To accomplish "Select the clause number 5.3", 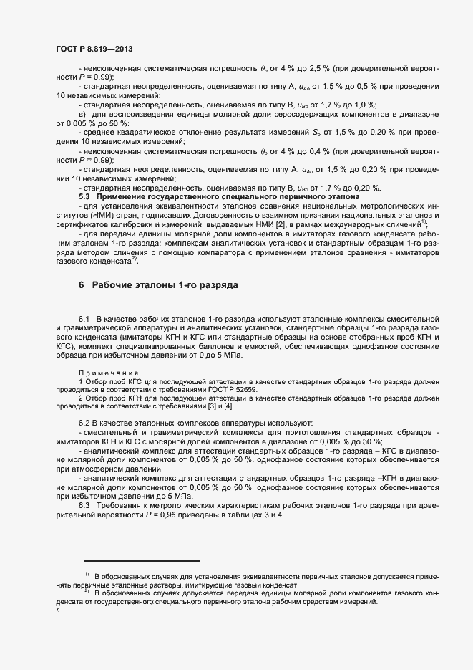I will pyautogui.click(x=84, y=196).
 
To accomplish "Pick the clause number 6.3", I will pyautogui.click(x=84, y=507).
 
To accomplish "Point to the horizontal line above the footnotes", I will pyautogui.click(x=142, y=561).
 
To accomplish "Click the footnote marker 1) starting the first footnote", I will pyautogui.click(x=87, y=575).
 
